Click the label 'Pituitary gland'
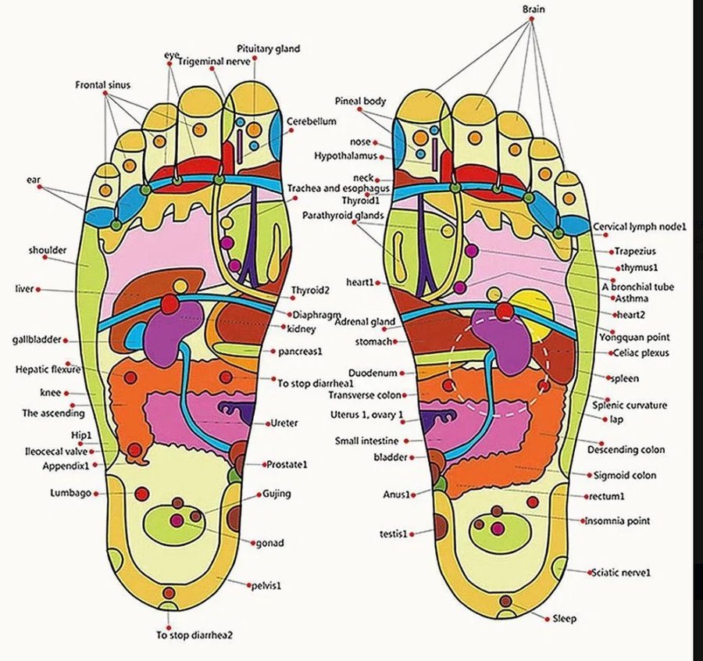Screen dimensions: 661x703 [268, 48]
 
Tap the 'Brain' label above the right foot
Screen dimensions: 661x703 [533, 9]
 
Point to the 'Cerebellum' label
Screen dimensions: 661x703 [311, 122]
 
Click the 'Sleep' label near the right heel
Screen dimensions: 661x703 [564, 619]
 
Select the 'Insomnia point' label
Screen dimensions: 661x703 [617, 520]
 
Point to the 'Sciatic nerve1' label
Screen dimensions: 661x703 [621, 573]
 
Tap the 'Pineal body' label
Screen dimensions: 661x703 [360, 102]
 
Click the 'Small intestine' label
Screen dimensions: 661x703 [367, 441]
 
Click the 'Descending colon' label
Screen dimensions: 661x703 [626, 450]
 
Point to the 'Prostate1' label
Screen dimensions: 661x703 [288, 464]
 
